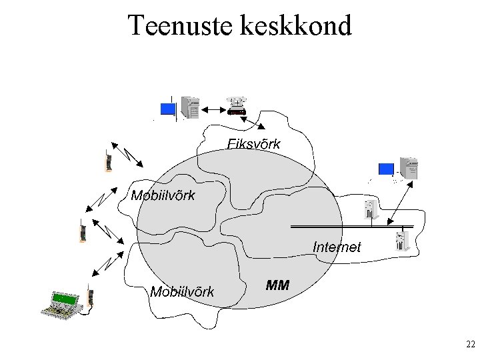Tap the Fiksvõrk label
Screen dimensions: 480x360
[x=254, y=143]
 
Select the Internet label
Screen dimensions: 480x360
[x=337, y=247]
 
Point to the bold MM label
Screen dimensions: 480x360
[x=277, y=285]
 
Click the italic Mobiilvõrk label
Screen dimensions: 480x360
[x=182, y=291]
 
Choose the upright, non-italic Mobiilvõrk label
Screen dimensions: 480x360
[x=163, y=195]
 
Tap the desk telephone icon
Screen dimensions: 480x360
[x=237, y=105]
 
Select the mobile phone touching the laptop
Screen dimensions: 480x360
[x=89, y=297]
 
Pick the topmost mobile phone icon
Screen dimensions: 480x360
[x=107, y=162]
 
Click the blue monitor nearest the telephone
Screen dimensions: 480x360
[x=168, y=109]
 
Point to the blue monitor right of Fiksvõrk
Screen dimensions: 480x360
[x=386, y=169]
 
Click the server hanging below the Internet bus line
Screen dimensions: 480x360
[x=401, y=240]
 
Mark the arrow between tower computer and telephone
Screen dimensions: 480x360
[x=213, y=109]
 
